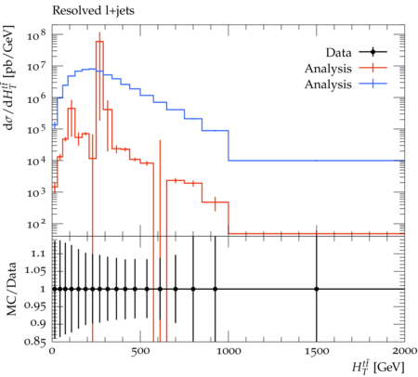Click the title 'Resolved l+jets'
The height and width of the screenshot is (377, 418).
click(93, 11)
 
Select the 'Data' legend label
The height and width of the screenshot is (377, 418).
click(338, 53)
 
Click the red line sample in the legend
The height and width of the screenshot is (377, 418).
click(373, 68)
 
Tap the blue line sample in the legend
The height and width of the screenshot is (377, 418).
click(373, 84)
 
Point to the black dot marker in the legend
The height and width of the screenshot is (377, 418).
click(373, 52)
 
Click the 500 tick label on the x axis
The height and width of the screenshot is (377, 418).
click(140, 351)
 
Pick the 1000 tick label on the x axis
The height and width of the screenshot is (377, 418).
click(229, 351)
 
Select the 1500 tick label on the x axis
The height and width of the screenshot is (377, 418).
click(317, 351)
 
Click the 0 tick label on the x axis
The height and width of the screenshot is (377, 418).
click(52, 351)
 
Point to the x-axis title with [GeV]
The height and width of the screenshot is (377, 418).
click(378, 367)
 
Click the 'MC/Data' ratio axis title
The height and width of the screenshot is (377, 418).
click(11, 289)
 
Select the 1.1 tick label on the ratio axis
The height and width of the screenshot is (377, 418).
click(38, 253)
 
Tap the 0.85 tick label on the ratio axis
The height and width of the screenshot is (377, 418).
click(35, 342)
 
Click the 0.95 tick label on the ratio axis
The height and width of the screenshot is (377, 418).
click(35, 306)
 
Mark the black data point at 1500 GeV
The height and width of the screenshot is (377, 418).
click(317, 289)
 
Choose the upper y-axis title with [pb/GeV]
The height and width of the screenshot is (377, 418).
click(9, 77)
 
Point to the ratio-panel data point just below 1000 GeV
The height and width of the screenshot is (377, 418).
click(216, 289)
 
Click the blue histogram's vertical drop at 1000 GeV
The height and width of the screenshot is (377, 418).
click(229, 146)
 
